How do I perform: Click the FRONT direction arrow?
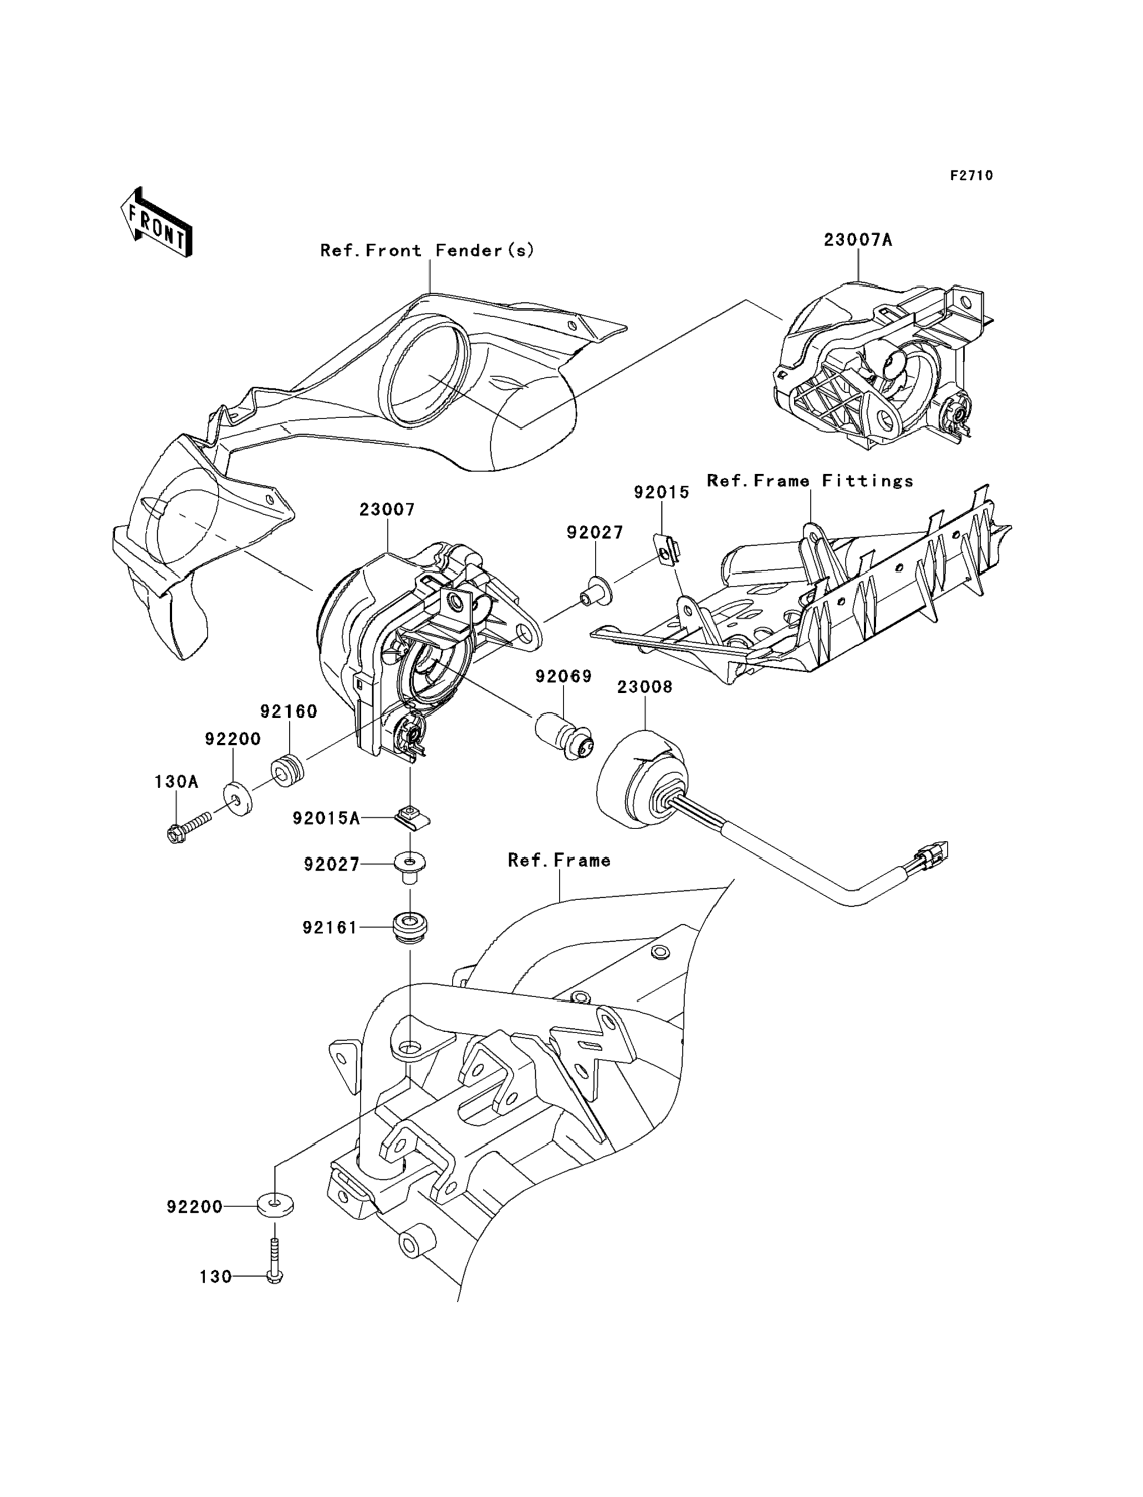tap(156, 222)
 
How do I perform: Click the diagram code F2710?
tap(972, 176)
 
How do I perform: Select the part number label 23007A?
tap(858, 240)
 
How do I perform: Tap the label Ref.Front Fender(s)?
tap(427, 251)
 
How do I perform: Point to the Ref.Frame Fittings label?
tap(810, 481)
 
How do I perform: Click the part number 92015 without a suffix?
tap(661, 491)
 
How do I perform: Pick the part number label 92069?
tap(563, 677)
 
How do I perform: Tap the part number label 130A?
tap(176, 782)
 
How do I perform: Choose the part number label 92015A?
tap(326, 818)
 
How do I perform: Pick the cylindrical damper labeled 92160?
tap(288, 769)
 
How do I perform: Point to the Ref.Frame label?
tap(559, 860)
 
